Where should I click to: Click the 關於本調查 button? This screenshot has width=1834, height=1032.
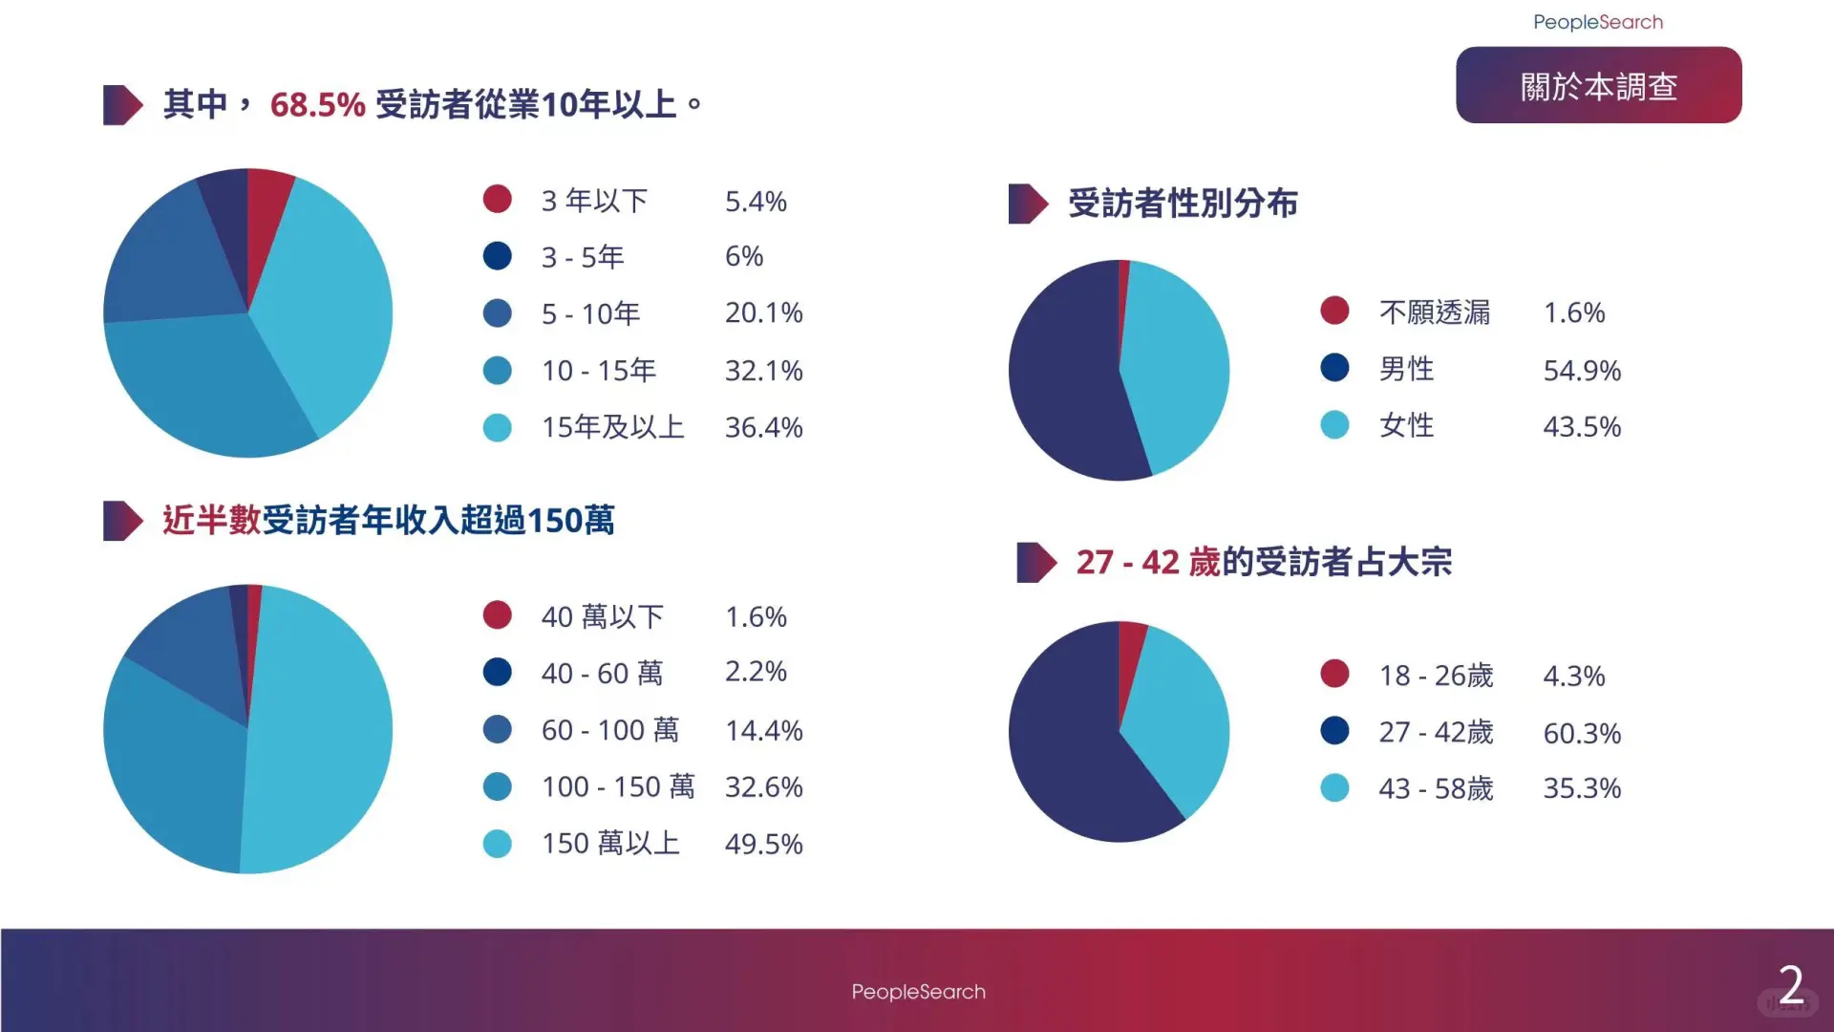pyautogui.click(x=1598, y=85)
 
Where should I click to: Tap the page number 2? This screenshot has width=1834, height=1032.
pyautogui.click(x=1791, y=985)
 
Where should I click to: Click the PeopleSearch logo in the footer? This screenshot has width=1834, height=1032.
pyautogui.click(x=918, y=992)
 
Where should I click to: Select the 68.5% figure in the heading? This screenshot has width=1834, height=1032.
pyautogui.click(x=317, y=104)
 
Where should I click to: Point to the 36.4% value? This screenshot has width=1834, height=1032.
pyautogui.click(x=763, y=427)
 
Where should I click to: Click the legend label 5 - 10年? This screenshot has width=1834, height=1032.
pyautogui.click(x=590, y=313)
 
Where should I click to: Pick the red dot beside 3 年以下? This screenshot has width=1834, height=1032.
pyautogui.click(x=497, y=199)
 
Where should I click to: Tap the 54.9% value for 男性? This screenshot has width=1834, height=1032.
pyautogui.click(x=1582, y=370)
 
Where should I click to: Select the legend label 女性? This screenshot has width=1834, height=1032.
pyautogui.click(x=1406, y=425)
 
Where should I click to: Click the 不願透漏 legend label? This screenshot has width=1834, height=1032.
pyautogui.click(x=1434, y=312)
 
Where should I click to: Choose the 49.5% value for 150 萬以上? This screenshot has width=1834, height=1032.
pyautogui.click(x=763, y=844)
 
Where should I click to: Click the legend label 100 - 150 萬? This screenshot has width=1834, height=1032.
pyautogui.click(x=618, y=786)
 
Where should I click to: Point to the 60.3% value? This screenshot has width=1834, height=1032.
pyautogui.click(x=1582, y=733)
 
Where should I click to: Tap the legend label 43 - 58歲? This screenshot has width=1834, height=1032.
pyautogui.click(x=1436, y=788)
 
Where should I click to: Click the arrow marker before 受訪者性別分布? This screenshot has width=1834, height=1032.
pyautogui.click(x=1028, y=204)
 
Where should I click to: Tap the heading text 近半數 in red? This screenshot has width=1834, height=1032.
pyautogui.click(x=211, y=520)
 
